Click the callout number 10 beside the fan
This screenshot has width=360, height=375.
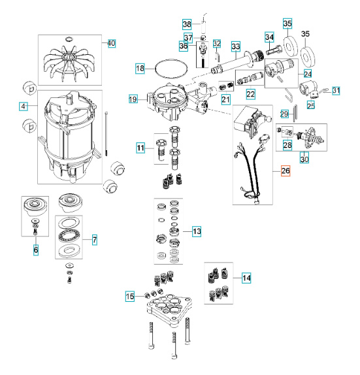(111, 43)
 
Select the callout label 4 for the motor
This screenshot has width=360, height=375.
(24, 106)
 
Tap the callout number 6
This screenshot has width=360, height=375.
(35, 250)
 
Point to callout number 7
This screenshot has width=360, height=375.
(94, 240)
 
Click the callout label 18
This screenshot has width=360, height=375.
(140, 69)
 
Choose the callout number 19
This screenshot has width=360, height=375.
(133, 99)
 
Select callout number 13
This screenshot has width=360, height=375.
(197, 231)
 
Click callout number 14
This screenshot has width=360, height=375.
(246, 278)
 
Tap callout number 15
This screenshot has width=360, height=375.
(131, 297)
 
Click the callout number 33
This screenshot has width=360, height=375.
(235, 46)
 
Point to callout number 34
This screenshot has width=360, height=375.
(269, 37)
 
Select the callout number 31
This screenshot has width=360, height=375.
(336, 90)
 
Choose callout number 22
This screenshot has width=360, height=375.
(250, 95)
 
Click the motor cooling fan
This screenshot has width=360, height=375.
(69, 59)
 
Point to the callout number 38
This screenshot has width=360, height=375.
(187, 24)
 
